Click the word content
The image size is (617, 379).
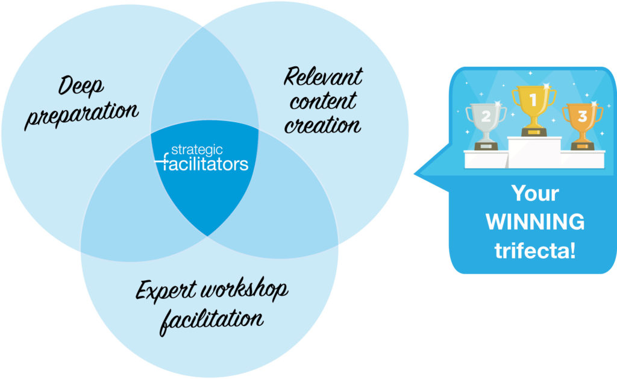(323, 101)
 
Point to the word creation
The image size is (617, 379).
(323, 125)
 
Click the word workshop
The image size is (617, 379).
(244, 291)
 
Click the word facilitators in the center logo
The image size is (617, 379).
(205, 163)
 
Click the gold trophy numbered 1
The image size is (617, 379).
(534, 108)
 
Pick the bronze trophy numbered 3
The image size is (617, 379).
(582, 124)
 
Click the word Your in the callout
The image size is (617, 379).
(534, 194)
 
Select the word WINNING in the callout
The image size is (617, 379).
(534, 222)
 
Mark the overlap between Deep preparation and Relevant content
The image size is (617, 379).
(205, 90)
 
